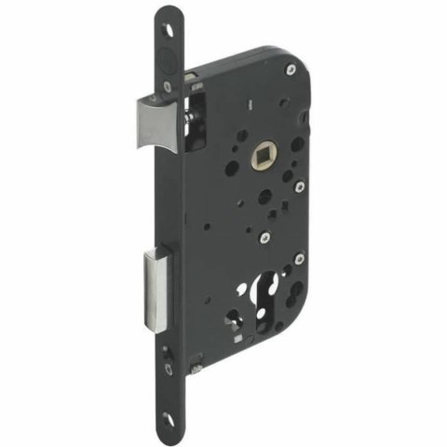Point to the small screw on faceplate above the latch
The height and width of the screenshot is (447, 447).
169,84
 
